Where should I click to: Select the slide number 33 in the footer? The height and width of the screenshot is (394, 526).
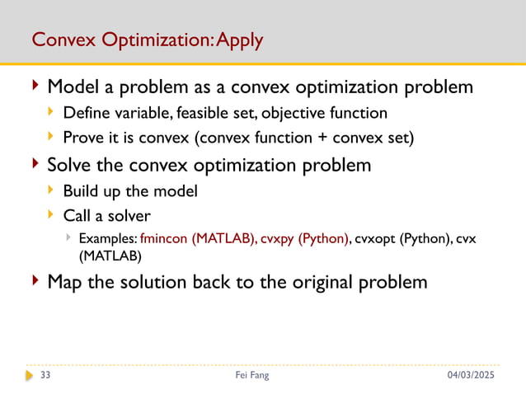pyautogui.click(x=45, y=376)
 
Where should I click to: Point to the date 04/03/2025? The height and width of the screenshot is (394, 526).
pyautogui.click(x=473, y=376)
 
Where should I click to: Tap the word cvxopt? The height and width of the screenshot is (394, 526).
pyautogui.click(x=377, y=238)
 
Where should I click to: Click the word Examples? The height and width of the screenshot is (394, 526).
pyautogui.click(x=108, y=238)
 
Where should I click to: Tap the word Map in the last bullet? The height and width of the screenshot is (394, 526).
pyautogui.click(x=67, y=282)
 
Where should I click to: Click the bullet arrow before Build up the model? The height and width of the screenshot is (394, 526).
pyautogui.click(x=52, y=191)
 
